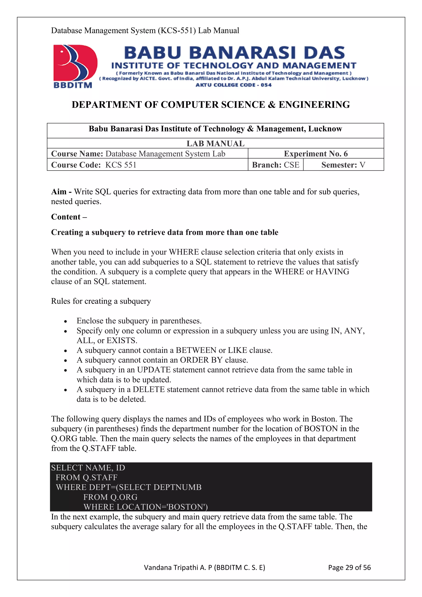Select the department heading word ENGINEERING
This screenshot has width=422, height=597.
click(x=314, y=105)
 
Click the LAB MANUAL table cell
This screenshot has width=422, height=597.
click(x=215, y=143)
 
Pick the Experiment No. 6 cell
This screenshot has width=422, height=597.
click(x=316, y=154)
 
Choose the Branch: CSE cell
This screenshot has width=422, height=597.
click(x=275, y=165)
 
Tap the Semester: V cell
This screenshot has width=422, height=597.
click(x=343, y=165)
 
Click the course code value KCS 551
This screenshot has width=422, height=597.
click(x=121, y=165)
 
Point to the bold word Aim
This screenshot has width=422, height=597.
click(x=59, y=192)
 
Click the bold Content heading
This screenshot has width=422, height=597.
click(x=66, y=217)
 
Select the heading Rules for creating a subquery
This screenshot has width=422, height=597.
click(x=101, y=301)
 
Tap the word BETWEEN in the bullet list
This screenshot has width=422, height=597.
click(x=196, y=350)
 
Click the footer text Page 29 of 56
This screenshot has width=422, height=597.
click(x=349, y=567)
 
